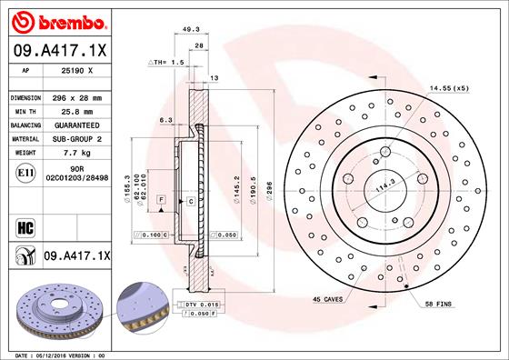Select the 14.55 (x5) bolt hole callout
(x=449, y=89)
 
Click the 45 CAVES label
(x=327, y=299)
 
